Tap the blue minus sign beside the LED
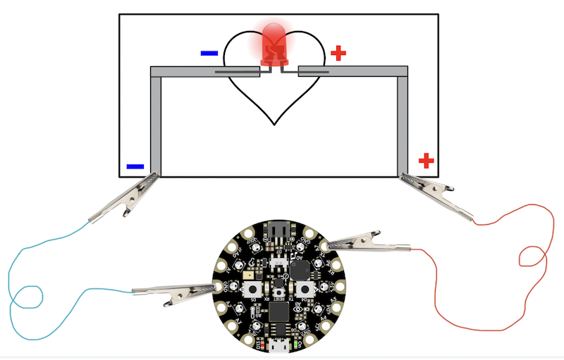pos(209,53)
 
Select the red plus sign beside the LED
pos(339,52)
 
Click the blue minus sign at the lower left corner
pos(135,167)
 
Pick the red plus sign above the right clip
pos(426,161)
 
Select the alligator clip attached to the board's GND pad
pos(173,292)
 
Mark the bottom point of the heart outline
pos(275,124)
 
